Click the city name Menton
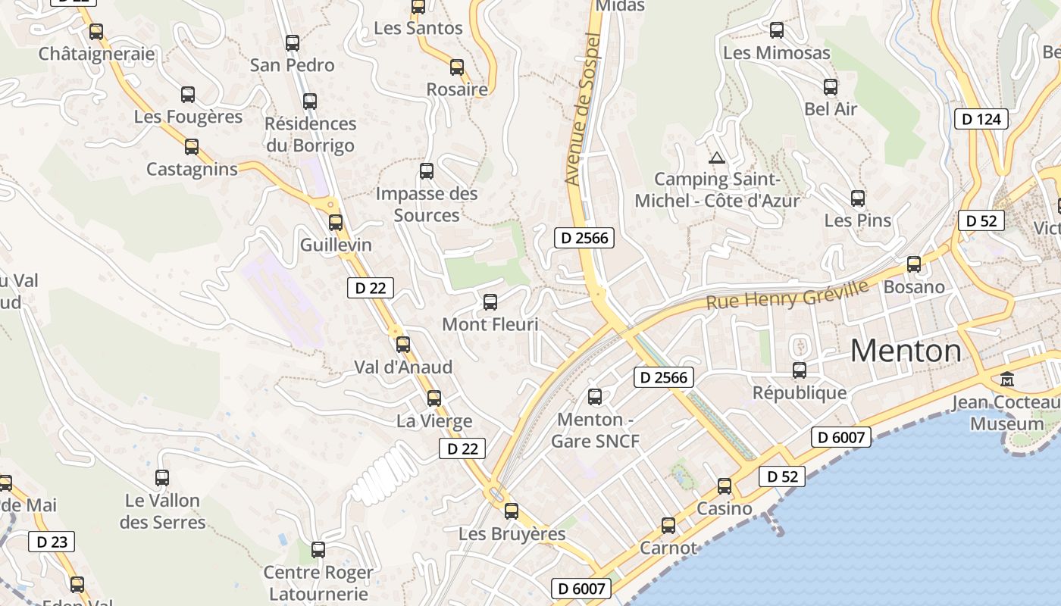pyautogui.click(x=906, y=351)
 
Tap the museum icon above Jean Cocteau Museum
pyautogui.click(x=1007, y=379)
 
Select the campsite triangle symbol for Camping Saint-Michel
pyautogui.click(x=717, y=158)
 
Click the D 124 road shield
pyautogui.click(x=981, y=119)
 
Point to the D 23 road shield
pyautogui.click(x=52, y=542)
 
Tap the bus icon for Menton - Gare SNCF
pyautogui.click(x=595, y=396)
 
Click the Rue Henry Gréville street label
pyautogui.click(x=787, y=294)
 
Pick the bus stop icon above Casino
pyautogui.click(x=725, y=486)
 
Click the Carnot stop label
pyautogui.click(x=668, y=548)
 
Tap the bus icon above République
pyautogui.click(x=800, y=370)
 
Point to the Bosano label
pyautogui.click(x=914, y=287)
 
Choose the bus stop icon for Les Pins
pyautogui.click(x=858, y=198)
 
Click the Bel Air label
pyautogui.click(x=831, y=109)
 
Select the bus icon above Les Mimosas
pyautogui.click(x=777, y=30)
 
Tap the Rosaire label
pyautogui.click(x=457, y=89)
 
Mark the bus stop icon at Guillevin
pyautogui.click(x=336, y=223)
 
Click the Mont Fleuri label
pyautogui.click(x=490, y=325)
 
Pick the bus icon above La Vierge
pyautogui.click(x=434, y=398)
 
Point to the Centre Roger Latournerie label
pyautogui.click(x=318, y=583)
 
